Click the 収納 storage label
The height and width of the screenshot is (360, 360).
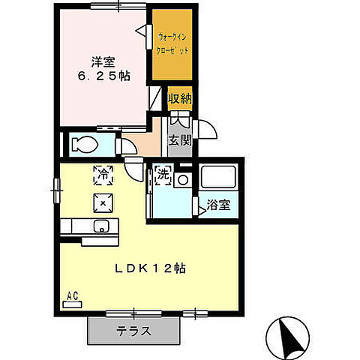179,97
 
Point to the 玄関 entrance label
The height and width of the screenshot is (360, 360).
178,139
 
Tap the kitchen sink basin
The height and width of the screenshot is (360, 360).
102,226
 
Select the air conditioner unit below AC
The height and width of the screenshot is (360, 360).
73,304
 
